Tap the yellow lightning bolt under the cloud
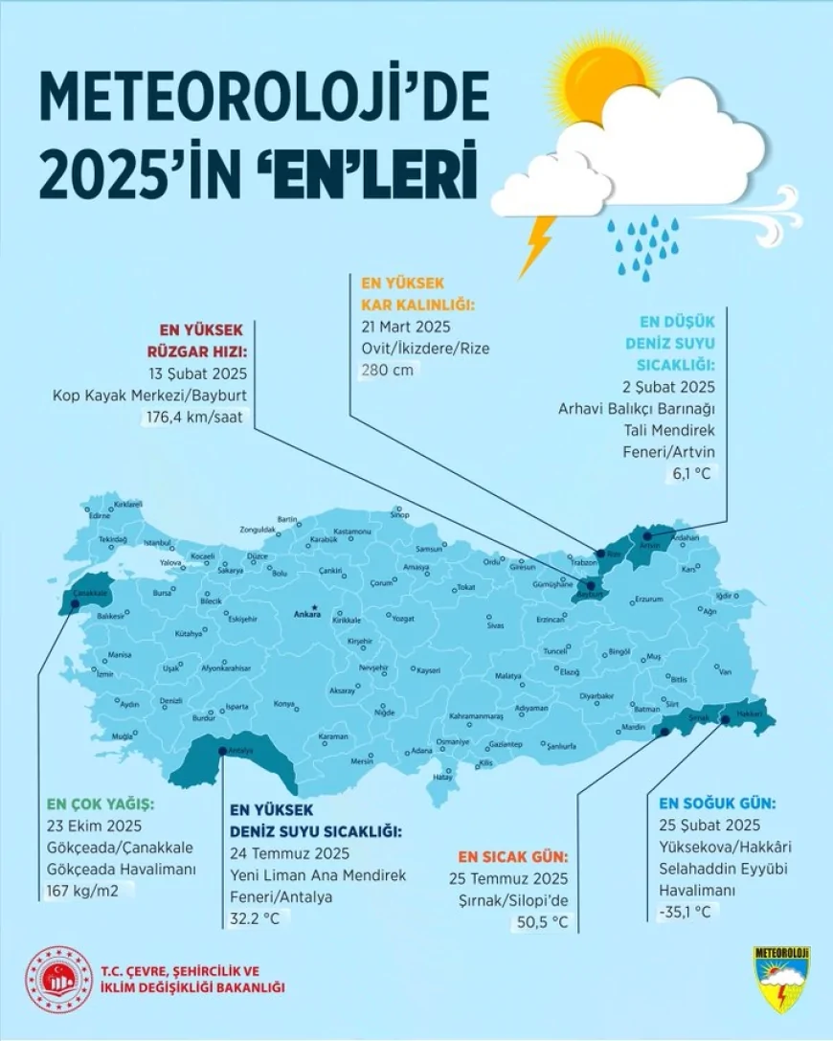[x=538, y=245]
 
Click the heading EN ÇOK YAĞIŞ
[x=101, y=804]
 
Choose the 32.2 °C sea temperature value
[x=257, y=918]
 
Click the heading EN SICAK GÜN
[x=512, y=855]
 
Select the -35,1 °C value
[x=685, y=911]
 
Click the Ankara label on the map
[x=306, y=616]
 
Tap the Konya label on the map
[x=284, y=704]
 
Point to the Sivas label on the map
[x=495, y=625]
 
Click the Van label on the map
[x=725, y=670]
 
